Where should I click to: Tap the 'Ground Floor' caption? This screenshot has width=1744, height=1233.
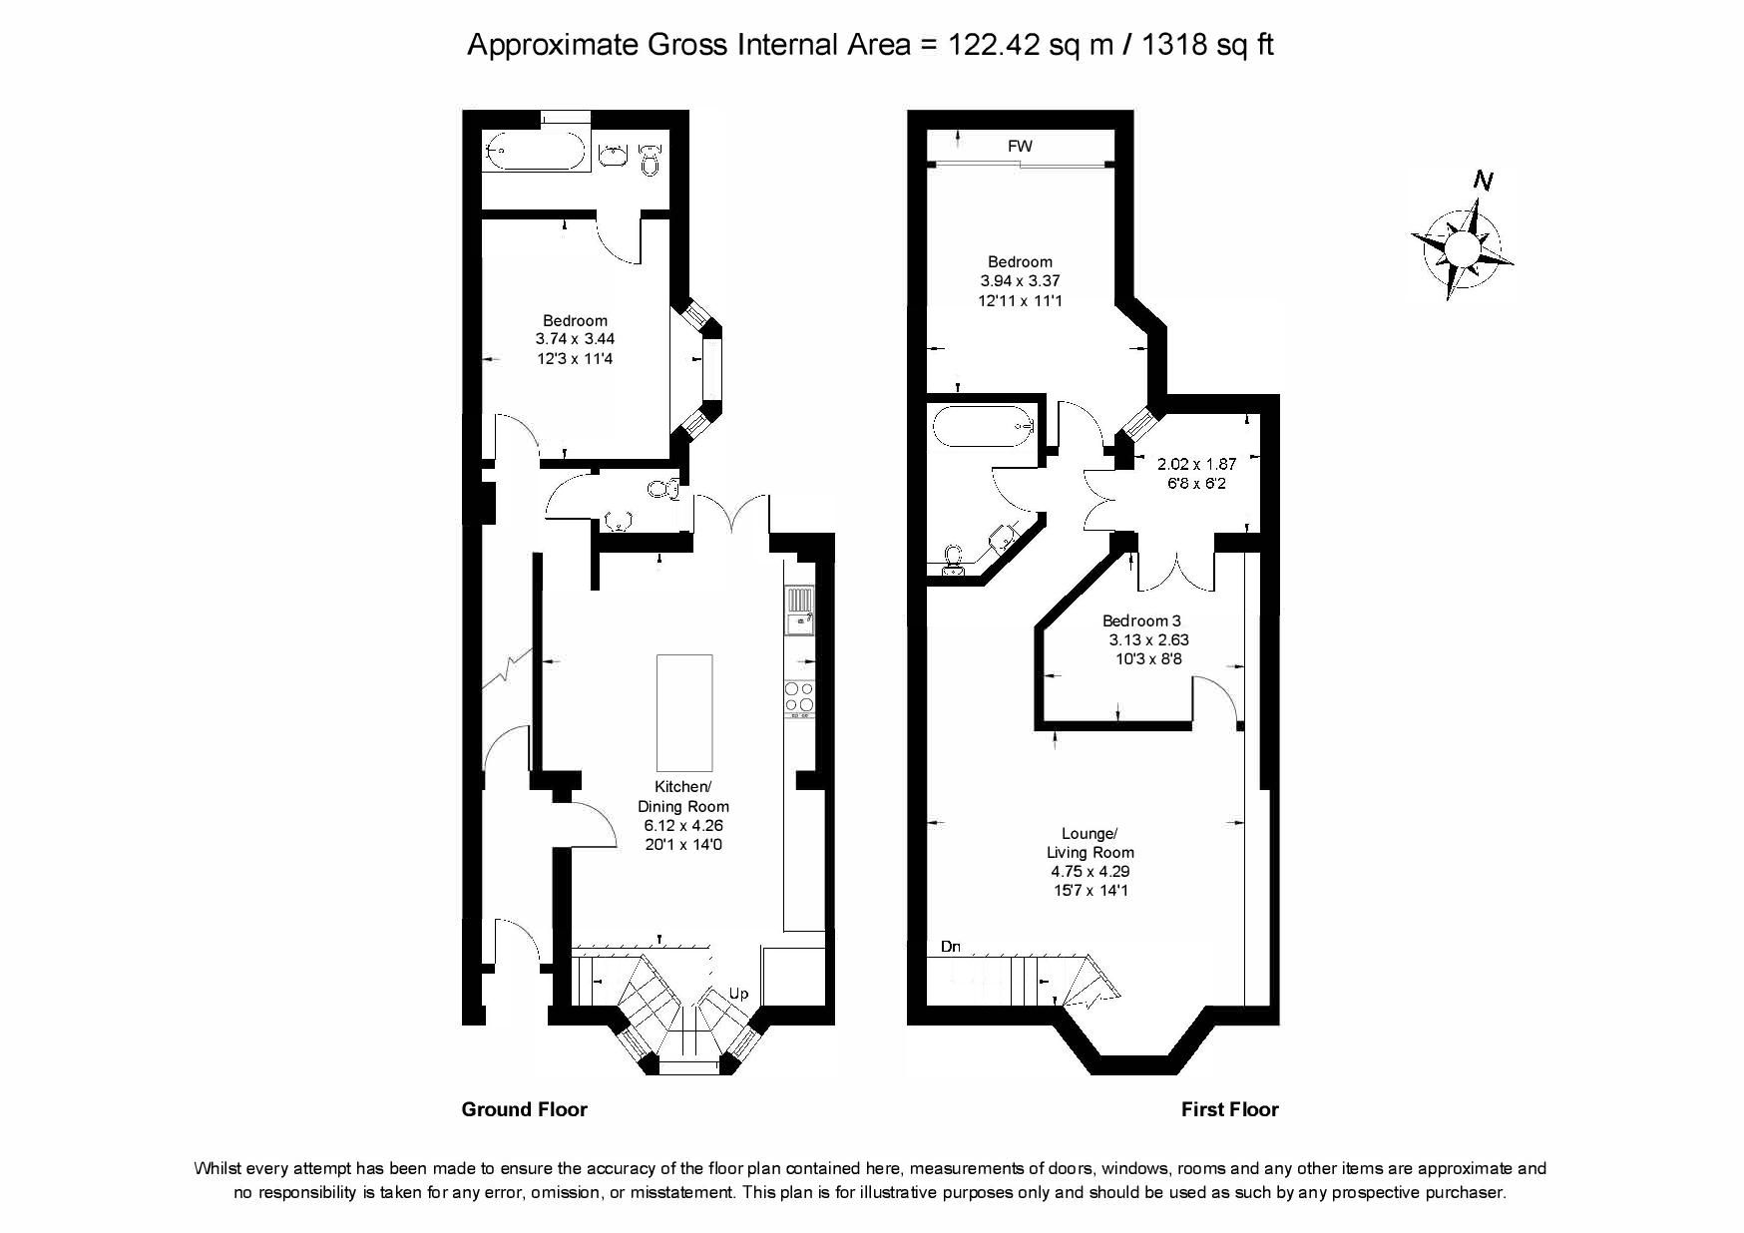(524, 1109)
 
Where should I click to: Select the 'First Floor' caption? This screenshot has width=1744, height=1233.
(1229, 1109)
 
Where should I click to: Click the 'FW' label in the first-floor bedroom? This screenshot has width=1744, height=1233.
(1020, 146)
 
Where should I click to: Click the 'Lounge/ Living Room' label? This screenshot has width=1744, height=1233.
(1090, 843)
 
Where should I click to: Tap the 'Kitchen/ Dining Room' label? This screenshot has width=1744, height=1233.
(683, 796)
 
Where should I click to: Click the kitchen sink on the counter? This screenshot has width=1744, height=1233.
(800, 612)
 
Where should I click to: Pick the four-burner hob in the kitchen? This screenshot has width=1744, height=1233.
(799, 698)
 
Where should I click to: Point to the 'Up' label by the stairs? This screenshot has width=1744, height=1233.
(738, 994)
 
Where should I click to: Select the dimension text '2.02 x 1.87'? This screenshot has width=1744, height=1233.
(1196, 464)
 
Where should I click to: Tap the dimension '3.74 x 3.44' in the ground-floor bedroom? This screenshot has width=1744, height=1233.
(575, 339)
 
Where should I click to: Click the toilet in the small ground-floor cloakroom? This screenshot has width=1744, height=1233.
(663, 489)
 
